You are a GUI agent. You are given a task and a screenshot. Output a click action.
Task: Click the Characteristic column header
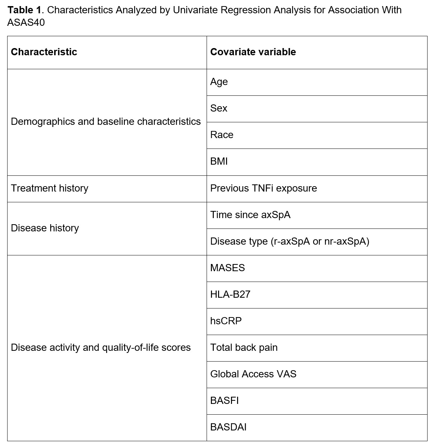point(44,52)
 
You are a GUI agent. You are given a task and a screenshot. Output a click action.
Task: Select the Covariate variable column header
point(253,52)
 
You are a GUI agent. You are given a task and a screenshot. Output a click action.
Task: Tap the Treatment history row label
point(49,188)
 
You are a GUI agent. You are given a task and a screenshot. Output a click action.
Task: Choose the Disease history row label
point(45,228)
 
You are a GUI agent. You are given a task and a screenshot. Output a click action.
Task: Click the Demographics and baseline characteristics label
point(106,122)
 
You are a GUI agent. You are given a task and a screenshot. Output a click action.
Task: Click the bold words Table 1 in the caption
point(24,10)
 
